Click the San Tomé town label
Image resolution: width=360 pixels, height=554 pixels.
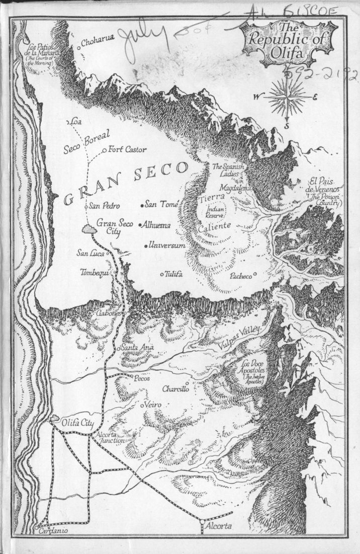coord(159,204)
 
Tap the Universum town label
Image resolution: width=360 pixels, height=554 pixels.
coord(165,246)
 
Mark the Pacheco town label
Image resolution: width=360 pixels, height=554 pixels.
coord(241,276)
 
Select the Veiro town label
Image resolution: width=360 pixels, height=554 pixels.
coord(154,405)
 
